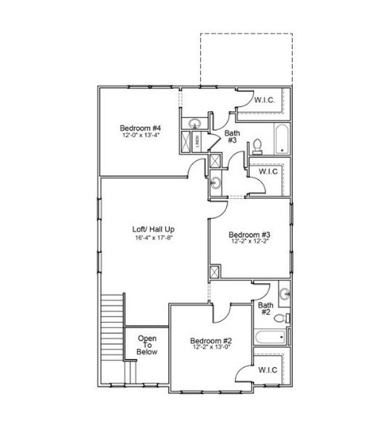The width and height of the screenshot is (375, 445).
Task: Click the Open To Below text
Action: click(x=147, y=346)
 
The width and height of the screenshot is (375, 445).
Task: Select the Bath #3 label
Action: click(x=232, y=136)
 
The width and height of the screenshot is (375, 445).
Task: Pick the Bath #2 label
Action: click(x=265, y=308)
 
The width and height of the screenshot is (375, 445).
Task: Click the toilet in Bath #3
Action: click(x=256, y=145)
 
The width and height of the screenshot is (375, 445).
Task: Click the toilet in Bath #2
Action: click(x=280, y=318)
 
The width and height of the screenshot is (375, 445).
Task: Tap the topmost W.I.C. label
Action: click(x=265, y=99)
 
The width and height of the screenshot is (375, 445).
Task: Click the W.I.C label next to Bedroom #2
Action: click(x=268, y=370)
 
